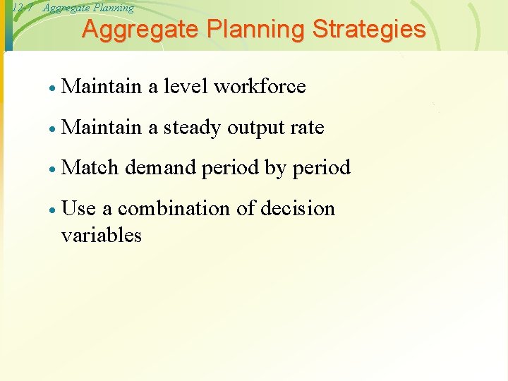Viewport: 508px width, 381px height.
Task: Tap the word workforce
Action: (x=260, y=87)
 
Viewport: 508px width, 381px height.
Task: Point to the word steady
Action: (x=192, y=128)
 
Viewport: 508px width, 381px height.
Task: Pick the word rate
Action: (x=307, y=128)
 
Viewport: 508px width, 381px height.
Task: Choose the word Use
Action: (x=79, y=209)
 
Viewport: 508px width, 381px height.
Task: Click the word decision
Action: (x=298, y=209)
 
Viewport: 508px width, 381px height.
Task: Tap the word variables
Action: (x=102, y=235)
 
